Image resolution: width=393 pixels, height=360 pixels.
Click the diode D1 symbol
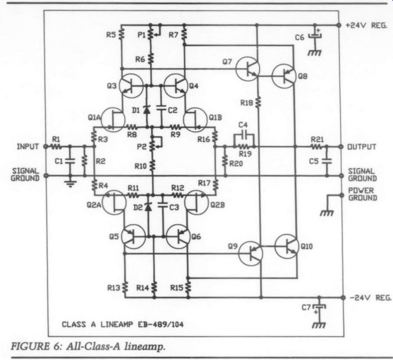point(146,110)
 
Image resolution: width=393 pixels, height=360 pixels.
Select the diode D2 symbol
point(148,207)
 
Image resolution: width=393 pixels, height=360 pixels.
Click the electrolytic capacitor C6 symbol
point(314,35)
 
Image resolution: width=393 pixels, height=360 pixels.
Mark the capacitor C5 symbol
point(327,161)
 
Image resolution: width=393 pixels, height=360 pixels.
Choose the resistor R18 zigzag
point(258,102)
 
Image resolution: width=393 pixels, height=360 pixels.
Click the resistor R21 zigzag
point(317,146)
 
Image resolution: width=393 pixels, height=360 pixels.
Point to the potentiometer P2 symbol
point(153,145)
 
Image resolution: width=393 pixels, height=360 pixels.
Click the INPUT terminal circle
point(46,146)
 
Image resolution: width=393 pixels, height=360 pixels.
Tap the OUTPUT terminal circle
point(341,146)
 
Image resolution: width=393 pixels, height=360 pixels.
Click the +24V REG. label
point(366,25)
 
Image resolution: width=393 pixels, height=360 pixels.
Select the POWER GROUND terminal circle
point(341,195)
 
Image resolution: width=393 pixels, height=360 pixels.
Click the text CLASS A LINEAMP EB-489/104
point(122,324)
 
